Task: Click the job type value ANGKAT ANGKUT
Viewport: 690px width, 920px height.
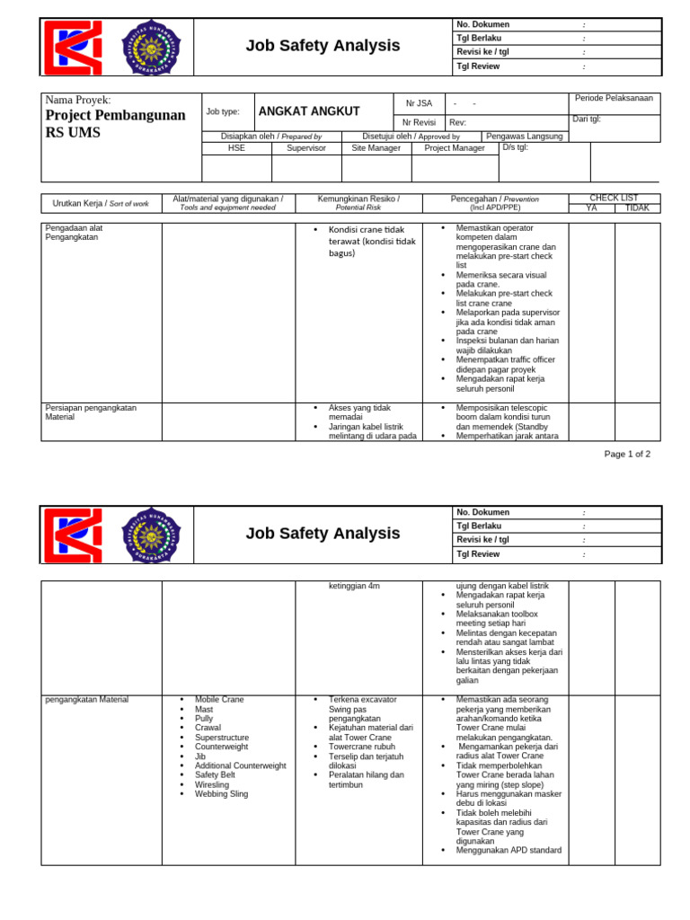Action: [x=308, y=111]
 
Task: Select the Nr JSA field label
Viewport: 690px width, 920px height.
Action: [x=419, y=103]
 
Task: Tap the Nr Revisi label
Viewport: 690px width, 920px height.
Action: [x=419, y=122]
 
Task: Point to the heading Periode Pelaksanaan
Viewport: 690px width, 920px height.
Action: [x=614, y=98]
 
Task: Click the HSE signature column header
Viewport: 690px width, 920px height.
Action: [x=236, y=147]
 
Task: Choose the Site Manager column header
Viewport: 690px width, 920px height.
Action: [x=376, y=147]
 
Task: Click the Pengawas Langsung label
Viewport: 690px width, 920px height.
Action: [x=525, y=137]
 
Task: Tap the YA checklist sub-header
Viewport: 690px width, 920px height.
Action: [x=591, y=208]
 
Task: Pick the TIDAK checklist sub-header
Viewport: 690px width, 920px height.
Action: [x=637, y=208]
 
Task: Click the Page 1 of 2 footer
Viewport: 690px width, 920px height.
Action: [x=627, y=454]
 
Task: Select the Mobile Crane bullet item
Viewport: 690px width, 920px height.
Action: [x=219, y=699]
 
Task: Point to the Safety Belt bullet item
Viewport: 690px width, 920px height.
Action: [x=215, y=775]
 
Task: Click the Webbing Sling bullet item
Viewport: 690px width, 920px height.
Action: [x=221, y=794]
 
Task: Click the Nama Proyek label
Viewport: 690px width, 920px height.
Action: [x=78, y=100]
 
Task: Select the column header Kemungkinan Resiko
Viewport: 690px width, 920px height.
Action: [x=358, y=199]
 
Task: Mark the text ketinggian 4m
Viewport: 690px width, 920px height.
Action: [x=354, y=586]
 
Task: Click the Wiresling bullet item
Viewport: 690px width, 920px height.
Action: [x=213, y=784]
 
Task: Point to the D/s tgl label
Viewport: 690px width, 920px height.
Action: [x=516, y=147]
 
